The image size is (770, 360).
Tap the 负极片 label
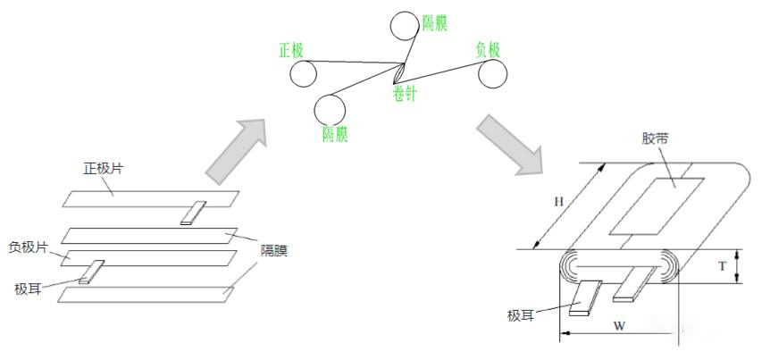pos(29,247)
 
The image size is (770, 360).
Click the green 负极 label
pos(488,50)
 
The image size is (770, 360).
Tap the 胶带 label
pos(655,139)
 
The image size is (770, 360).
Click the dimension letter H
pos(559,202)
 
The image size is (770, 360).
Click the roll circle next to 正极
pos(301,74)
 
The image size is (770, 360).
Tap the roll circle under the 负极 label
pos(493,75)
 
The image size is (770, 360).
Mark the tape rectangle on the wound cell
pos(662,202)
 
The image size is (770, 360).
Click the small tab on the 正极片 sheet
pos(193,213)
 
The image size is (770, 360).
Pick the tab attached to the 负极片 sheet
pos(91,272)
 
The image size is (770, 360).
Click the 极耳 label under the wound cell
pos(523,315)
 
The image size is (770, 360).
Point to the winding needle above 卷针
pos(403,72)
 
